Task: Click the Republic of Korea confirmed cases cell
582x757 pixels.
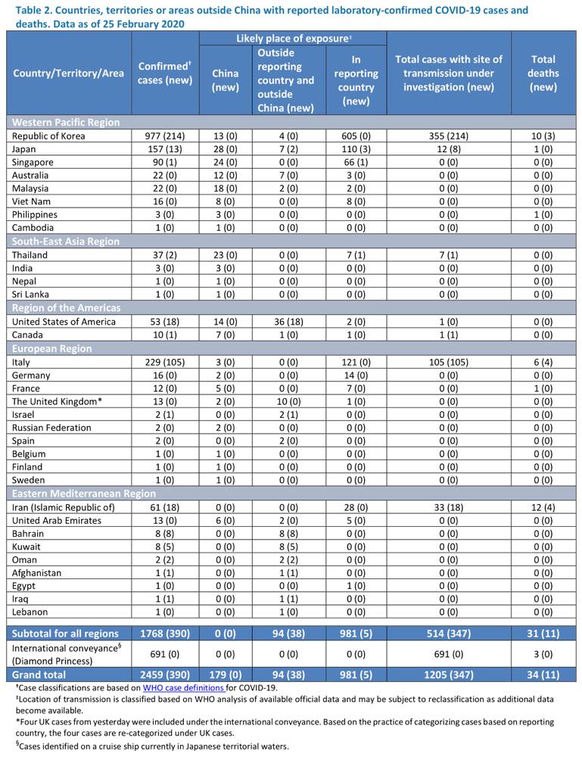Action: click(164, 136)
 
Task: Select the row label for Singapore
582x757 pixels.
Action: click(33, 162)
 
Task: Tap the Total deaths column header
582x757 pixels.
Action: click(543, 73)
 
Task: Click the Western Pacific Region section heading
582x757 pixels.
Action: click(66, 122)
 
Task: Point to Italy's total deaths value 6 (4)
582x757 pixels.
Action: click(543, 362)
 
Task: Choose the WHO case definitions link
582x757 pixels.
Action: click(183, 688)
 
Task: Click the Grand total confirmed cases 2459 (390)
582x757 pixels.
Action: click(164, 674)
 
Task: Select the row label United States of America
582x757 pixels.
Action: click(64, 322)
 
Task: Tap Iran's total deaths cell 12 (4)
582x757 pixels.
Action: click(543, 507)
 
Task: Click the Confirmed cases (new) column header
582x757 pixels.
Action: click(164, 73)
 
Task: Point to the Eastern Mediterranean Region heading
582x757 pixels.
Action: click(83, 494)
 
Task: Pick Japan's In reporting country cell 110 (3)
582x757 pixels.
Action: click(356, 149)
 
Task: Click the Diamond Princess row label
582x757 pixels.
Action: click(52, 661)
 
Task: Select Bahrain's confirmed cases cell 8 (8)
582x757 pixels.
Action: click(164, 534)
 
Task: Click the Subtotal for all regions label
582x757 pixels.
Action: click(65, 634)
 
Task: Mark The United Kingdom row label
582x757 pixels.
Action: click(57, 401)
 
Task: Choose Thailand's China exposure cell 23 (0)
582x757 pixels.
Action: click(226, 255)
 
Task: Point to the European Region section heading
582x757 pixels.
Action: click(51, 348)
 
